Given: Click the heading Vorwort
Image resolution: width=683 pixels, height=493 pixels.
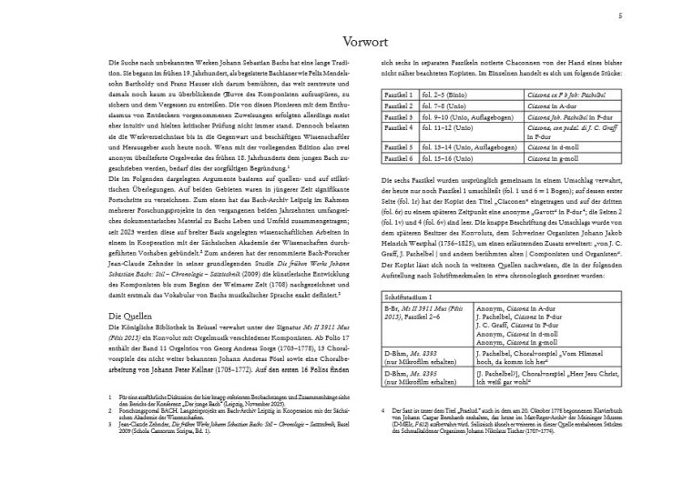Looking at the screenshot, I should pyautogui.click(x=341, y=42).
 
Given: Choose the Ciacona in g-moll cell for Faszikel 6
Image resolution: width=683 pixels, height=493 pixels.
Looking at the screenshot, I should pyautogui.click(x=556, y=157).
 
